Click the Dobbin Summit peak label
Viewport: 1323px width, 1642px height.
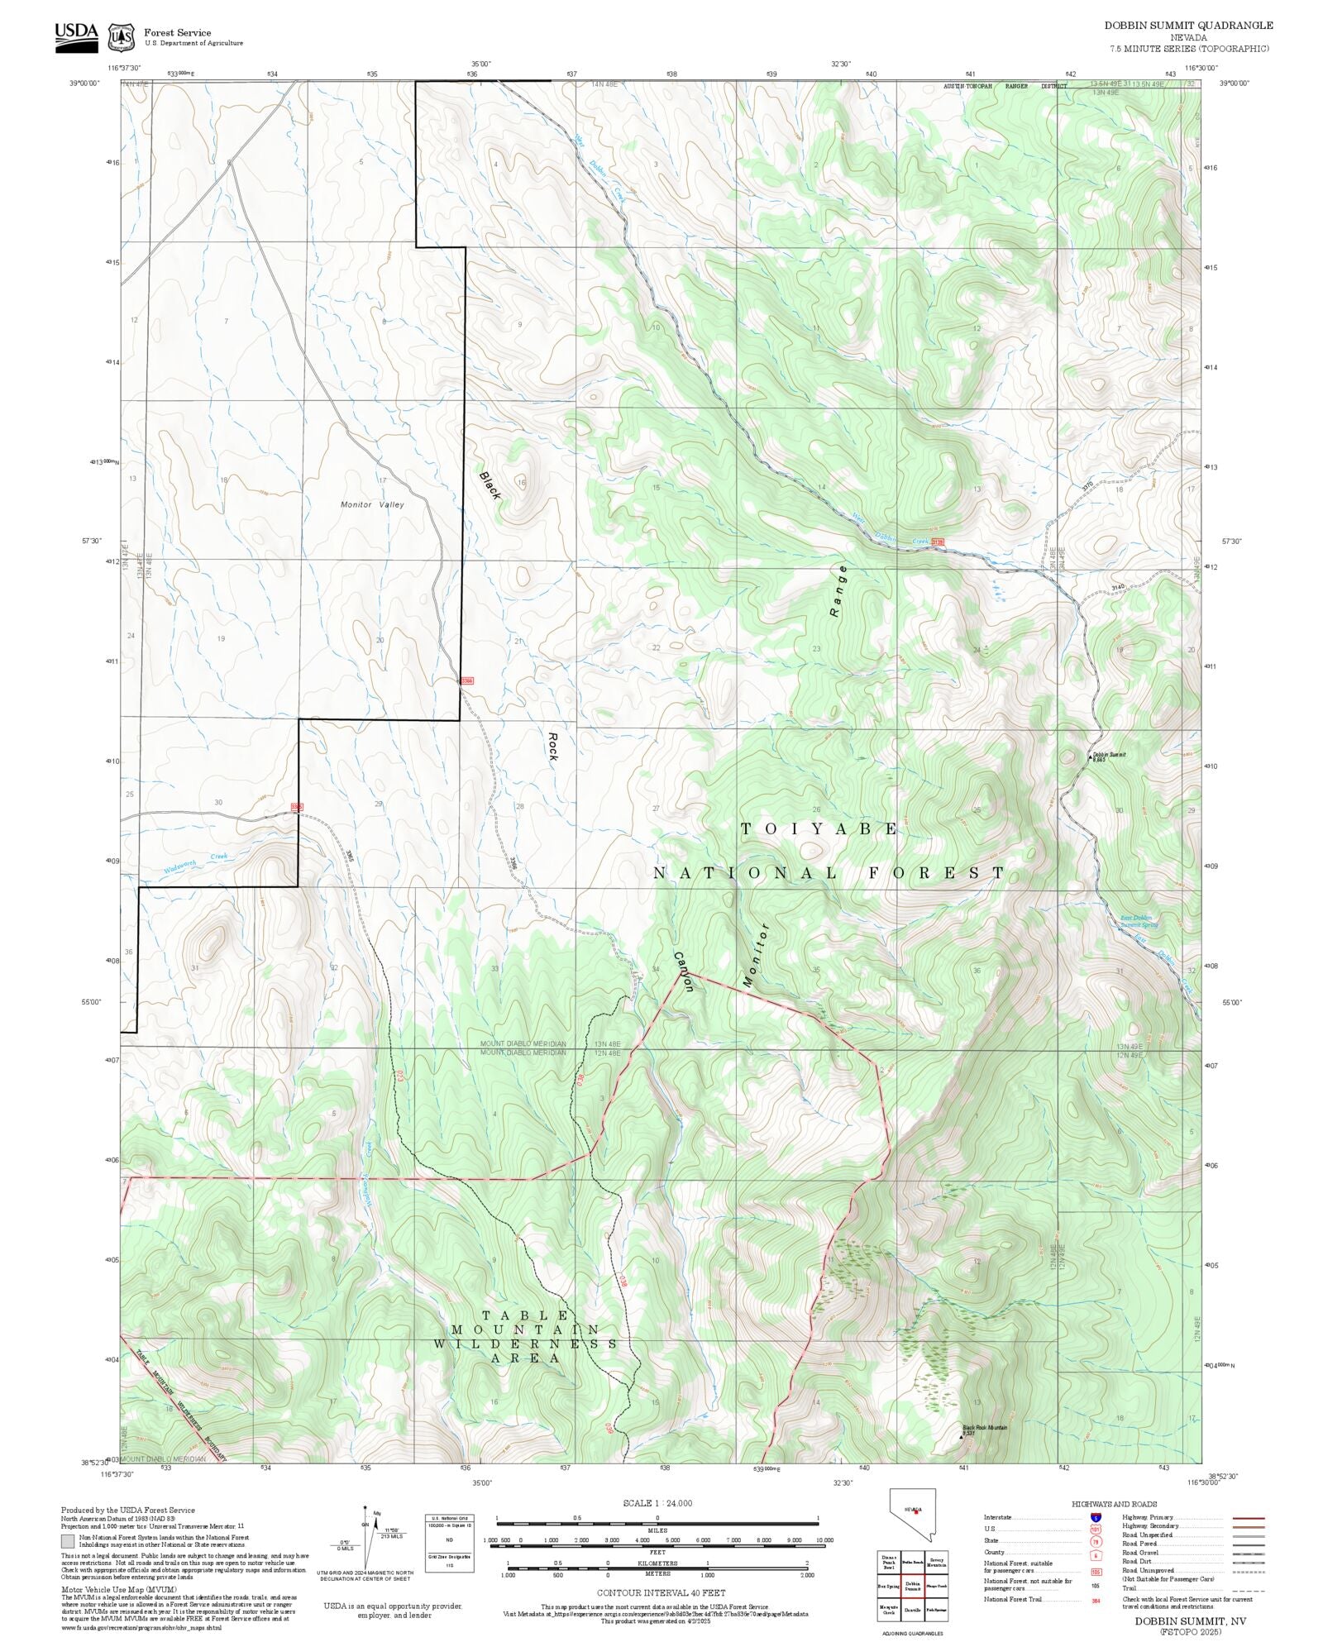click(1108, 756)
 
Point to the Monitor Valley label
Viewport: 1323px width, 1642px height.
click(372, 504)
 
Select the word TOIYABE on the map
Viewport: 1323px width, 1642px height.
click(819, 828)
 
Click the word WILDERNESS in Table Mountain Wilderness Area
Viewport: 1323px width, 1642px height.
click(534, 1344)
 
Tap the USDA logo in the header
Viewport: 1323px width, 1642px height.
click(76, 36)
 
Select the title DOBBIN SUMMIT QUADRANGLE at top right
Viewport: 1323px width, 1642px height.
click(1188, 26)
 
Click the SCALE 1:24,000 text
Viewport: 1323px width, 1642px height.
click(657, 1503)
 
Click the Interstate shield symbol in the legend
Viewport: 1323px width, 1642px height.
click(1096, 1518)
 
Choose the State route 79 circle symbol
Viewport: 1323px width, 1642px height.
click(1096, 1541)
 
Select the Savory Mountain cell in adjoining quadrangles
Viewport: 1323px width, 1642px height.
click(937, 1560)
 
